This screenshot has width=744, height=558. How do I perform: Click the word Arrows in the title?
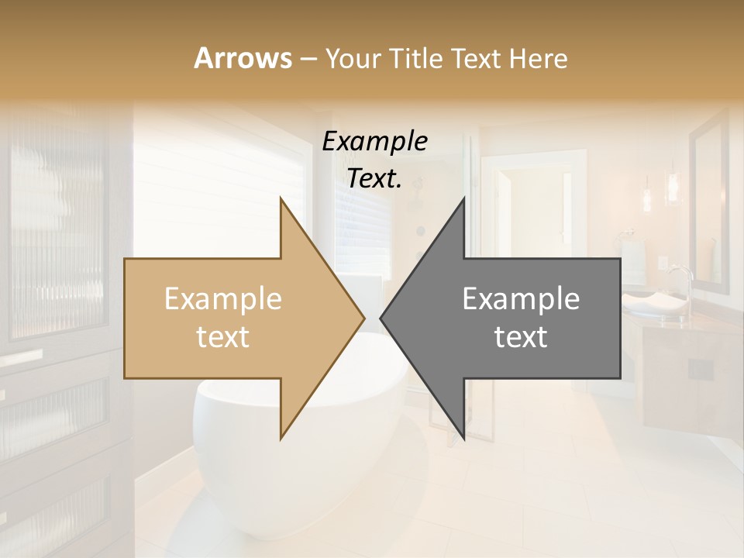point(243,58)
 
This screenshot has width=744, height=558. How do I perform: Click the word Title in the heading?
point(417,58)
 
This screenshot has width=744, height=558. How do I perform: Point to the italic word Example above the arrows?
point(375,142)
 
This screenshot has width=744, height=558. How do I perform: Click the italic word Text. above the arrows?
point(375,178)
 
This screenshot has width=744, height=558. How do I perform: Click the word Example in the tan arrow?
point(223,299)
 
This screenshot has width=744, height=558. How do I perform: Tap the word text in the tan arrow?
point(223,337)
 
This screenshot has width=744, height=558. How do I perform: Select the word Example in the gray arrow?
point(521,299)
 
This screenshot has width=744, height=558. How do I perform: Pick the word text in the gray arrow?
point(521,337)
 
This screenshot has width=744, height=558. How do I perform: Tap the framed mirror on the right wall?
point(709,201)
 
